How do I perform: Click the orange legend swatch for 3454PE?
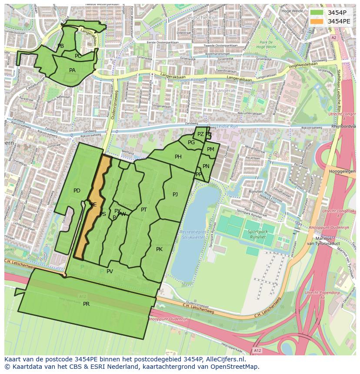click(x=317, y=21)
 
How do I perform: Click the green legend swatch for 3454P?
click(x=317, y=12)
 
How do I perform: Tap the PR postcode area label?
click(x=86, y=304)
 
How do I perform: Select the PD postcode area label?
click(x=77, y=191)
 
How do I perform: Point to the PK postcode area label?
click(x=159, y=249)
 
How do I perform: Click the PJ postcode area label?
click(x=175, y=195)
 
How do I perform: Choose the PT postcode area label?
click(x=144, y=210)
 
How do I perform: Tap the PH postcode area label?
click(x=178, y=157)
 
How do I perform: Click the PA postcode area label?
click(x=72, y=70)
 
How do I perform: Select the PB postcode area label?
click(x=60, y=46)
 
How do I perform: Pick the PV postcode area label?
click(x=110, y=271)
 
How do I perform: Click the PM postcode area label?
click(x=210, y=149)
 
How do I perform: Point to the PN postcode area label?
click(x=206, y=166)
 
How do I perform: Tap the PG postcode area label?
click(x=191, y=142)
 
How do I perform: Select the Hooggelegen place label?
click(x=342, y=172)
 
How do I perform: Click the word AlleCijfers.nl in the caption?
click(x=224, y=359)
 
